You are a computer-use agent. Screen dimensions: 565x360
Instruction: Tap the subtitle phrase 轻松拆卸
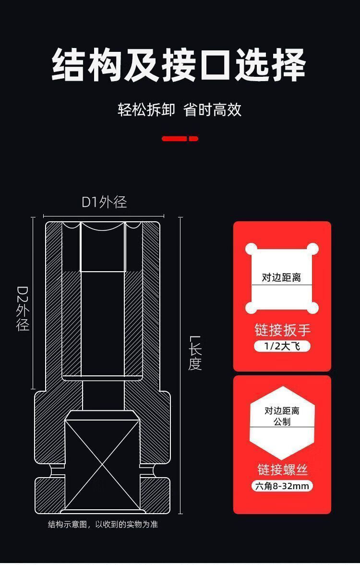pos(146,109)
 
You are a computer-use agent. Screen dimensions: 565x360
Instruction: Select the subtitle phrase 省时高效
pos(213,109)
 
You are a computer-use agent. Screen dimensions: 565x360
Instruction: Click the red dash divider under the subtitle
pos(180,139)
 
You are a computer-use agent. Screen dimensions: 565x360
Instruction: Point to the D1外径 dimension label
pos(104,202)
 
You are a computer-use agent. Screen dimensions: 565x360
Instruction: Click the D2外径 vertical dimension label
pos(23,309)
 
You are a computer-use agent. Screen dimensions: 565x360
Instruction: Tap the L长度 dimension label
pos(195,353)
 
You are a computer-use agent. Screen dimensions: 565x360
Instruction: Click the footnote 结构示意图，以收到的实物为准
pos(103,524)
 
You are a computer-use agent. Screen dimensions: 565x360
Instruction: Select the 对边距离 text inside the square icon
pos(281,277)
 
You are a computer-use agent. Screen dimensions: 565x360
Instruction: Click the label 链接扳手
pos(282,330)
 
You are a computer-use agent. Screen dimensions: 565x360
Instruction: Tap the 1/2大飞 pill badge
pos(282,346)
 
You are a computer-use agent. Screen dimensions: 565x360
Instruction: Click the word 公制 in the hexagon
pos(282,422)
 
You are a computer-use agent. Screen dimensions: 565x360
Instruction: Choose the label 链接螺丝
pos(282,469)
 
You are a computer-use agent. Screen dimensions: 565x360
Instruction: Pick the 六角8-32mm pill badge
pos(282,486)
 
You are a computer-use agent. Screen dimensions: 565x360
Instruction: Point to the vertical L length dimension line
pos(181,365)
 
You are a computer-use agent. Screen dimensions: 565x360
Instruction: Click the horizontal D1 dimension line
pos(104,216)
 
